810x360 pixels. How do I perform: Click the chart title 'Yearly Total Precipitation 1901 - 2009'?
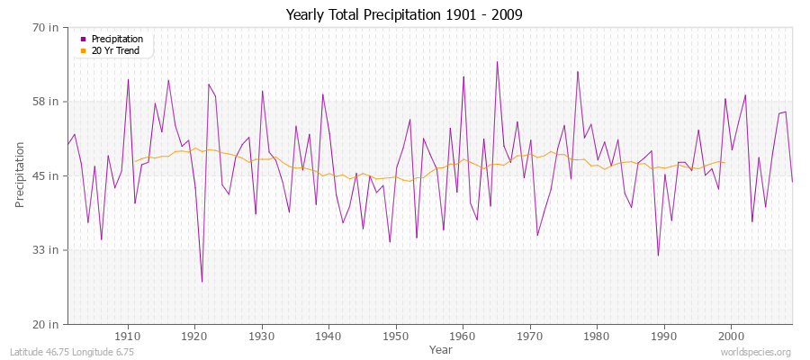(x=404, y=15)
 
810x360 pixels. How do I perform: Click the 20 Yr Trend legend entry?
(x=115, y=50)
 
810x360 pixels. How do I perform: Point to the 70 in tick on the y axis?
(x=46, y=27)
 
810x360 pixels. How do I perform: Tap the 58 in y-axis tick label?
(x=46, y=101)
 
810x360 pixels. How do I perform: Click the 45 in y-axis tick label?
(x=46, y=175)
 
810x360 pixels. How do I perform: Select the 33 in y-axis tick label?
(x=46, y=249)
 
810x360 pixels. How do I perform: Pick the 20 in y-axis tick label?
(x=46, y=324)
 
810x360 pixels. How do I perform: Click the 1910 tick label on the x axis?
(x=128, y=337)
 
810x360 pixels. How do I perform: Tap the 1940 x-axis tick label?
(x=328, y=337)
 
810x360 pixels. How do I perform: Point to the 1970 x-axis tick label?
(x=530, y=337)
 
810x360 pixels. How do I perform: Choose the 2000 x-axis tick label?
(x=731, y=337)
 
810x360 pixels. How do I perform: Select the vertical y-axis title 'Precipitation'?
(x=20, y=175)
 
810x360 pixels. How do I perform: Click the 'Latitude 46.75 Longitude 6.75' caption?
(x=72, y=353)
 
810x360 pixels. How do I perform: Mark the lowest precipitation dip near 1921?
(x=202, y=282)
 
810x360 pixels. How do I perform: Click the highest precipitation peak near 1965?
(x=497, y=62)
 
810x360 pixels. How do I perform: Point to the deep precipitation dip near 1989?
(x=658, y=256)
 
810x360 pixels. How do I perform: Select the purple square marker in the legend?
(x=83, y=40)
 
